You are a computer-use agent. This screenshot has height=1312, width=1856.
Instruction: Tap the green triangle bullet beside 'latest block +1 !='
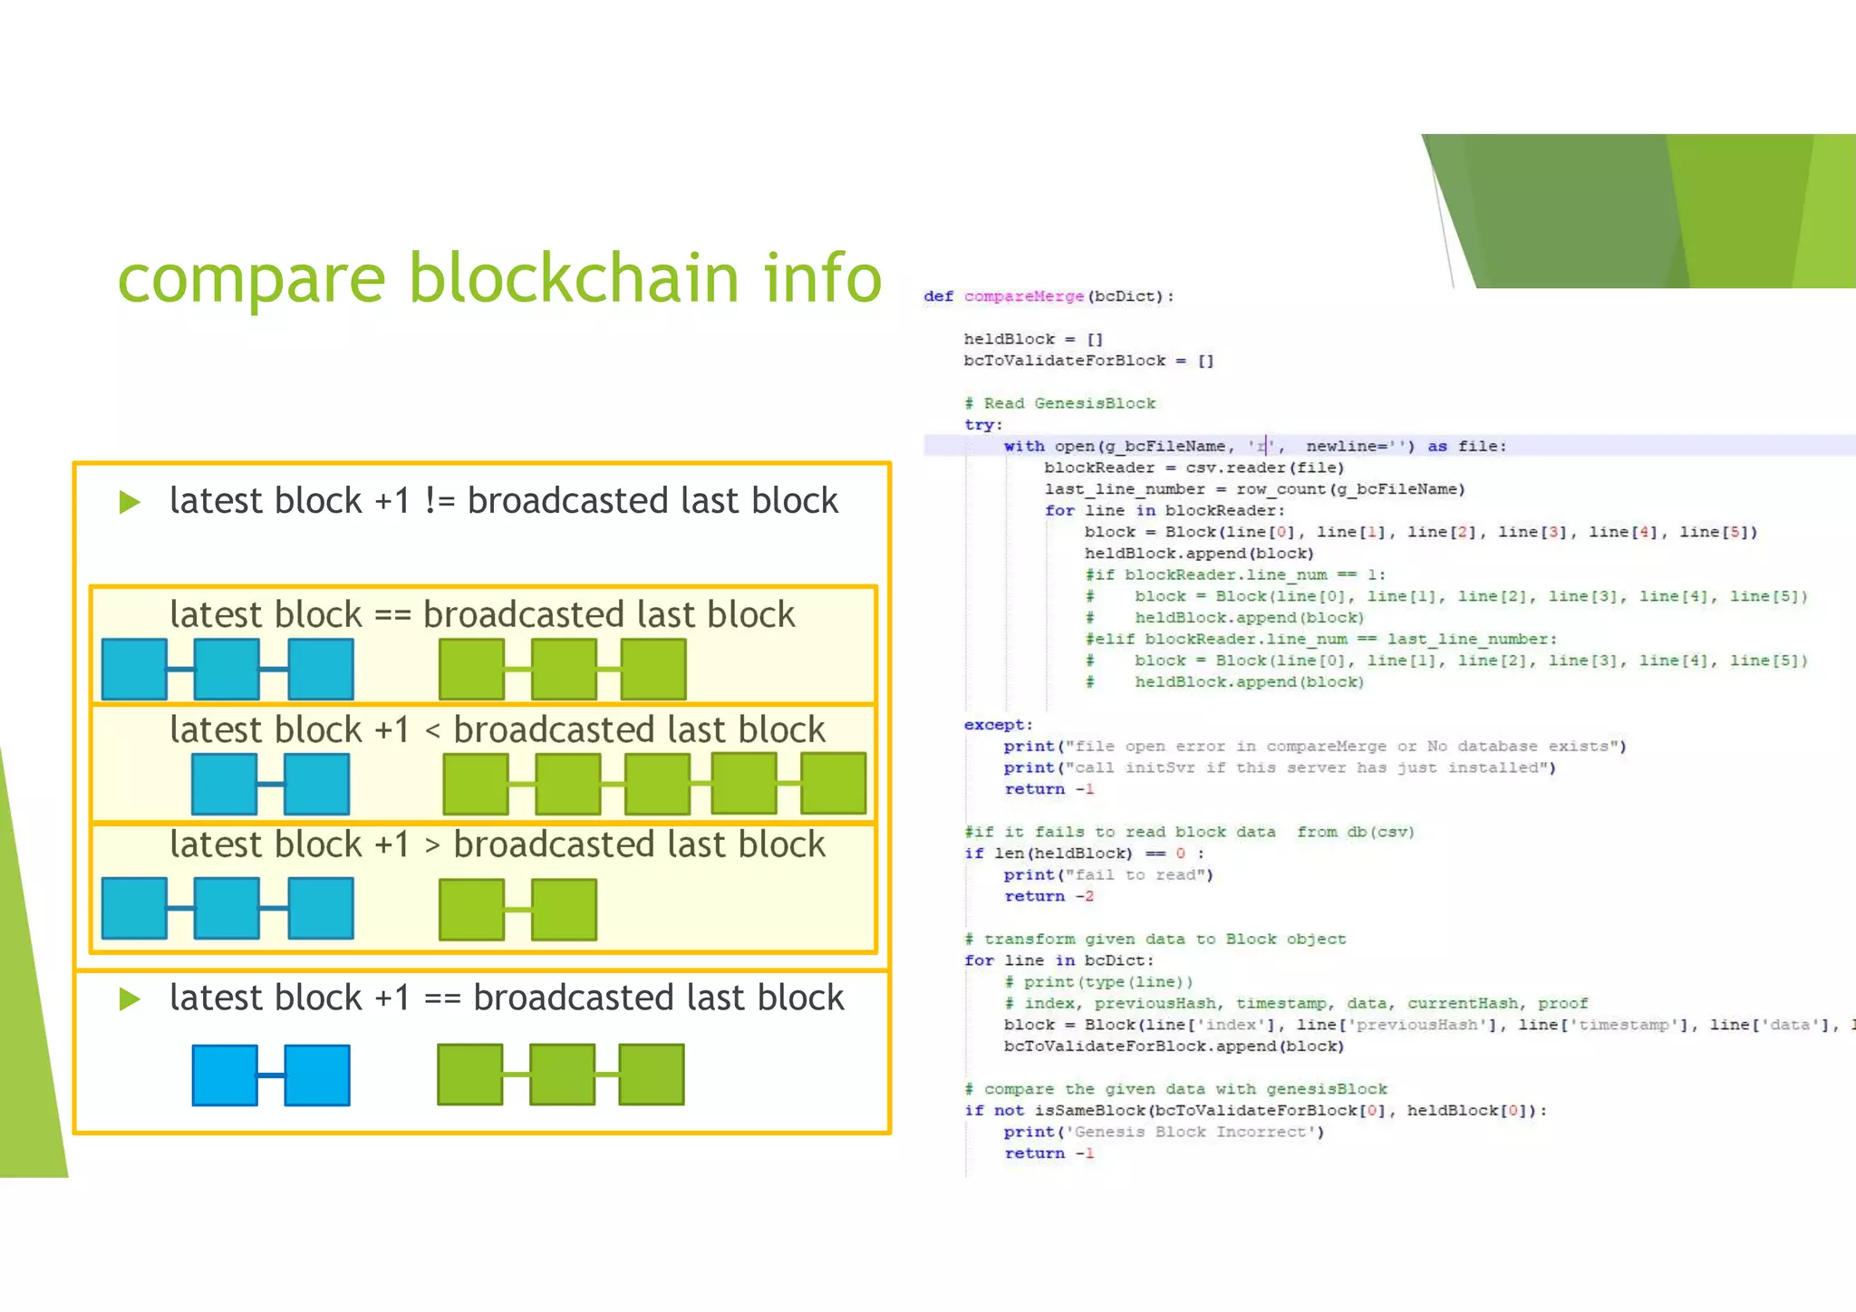(x=130, y=502)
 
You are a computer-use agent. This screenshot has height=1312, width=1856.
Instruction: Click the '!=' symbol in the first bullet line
(x=440, y=501)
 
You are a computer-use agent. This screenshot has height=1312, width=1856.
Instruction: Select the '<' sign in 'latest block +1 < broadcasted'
(x=432, y=730)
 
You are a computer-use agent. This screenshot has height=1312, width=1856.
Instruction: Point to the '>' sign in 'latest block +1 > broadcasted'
(x=432, y=845)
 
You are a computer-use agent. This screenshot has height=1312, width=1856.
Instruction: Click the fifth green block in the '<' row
(x=834, y=783)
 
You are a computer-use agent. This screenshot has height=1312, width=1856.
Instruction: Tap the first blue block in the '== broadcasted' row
(x=134, y=669)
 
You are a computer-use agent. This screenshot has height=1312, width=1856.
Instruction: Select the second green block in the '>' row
(x=564, y=909)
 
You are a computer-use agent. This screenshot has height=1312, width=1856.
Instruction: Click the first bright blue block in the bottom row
(x=225, y=1075)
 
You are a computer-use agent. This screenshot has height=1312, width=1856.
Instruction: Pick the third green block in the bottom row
(x=652, y=1074)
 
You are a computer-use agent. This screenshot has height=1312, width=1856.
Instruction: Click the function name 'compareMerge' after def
(x=1023, y=296)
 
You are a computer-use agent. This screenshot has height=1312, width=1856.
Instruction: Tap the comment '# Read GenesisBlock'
(x=1059, y=403)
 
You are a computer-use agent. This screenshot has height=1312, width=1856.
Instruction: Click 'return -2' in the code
(x=1049, y=896)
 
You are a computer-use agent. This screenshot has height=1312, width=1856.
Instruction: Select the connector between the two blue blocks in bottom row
(x=271, y=1075)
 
